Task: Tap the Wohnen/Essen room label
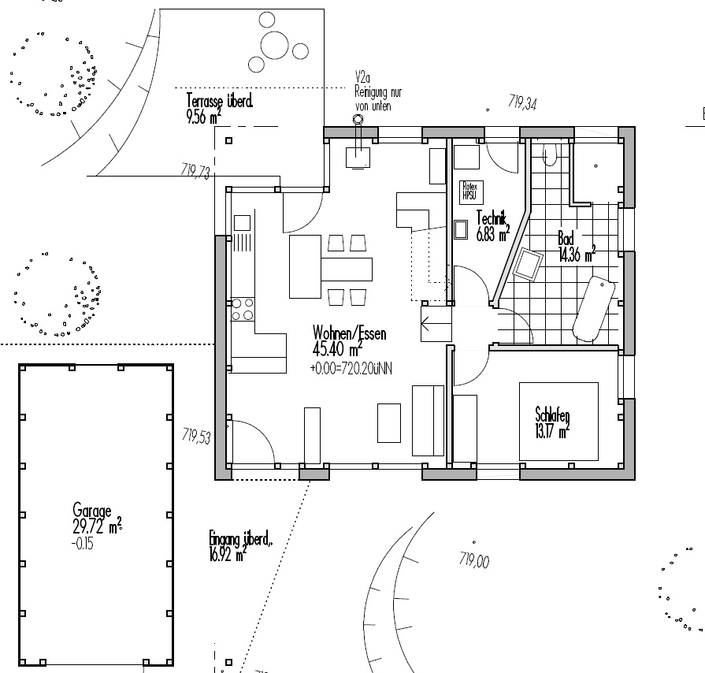tap(349, 333)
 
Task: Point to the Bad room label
tap(566, 238)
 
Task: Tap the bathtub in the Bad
tap(594, 307)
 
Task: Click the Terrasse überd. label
tap(220, 101)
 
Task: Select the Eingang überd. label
tap(241, 541)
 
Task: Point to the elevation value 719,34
tap(523, 102)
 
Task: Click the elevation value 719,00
tap(474, 561)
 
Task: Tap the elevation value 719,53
tap(196, 435)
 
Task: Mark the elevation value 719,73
tap(195, 171)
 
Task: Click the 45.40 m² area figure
tap(337, 348)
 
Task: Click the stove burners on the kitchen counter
tap(243, 308)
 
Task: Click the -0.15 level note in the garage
tap(81, 543)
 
